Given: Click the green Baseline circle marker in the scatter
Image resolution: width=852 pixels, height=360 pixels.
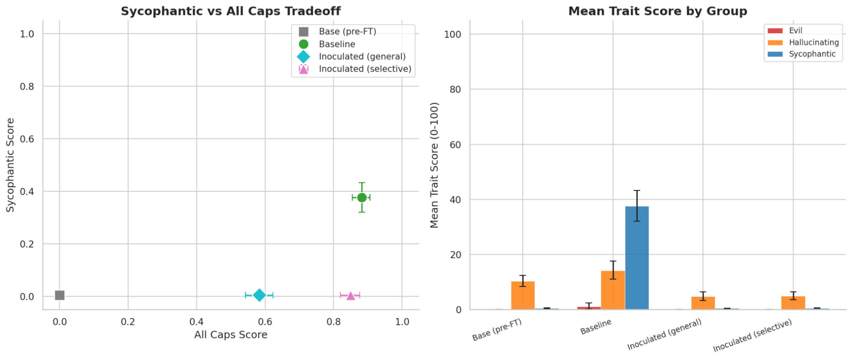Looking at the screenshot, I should click(362, 198).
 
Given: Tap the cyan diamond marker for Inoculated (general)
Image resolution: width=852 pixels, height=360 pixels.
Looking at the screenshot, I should click(259, 295).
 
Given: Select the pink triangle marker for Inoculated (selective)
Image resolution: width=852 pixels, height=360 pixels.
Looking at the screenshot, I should click(350, 296).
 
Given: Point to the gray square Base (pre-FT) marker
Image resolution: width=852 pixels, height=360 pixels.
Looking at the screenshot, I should click(60, 295).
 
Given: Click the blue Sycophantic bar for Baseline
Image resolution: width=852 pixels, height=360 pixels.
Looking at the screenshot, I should click(637, 258).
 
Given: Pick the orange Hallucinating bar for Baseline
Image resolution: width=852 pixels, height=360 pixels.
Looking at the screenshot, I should click(613, 290).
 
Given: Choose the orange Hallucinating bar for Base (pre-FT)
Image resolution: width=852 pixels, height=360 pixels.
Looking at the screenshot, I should click(523, 295).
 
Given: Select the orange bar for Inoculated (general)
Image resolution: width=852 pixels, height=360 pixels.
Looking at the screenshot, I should click(703, 303).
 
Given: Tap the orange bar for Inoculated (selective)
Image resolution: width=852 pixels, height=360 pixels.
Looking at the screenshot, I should click(793, 302).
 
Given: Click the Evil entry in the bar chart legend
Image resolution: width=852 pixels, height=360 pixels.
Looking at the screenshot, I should click(795, 31).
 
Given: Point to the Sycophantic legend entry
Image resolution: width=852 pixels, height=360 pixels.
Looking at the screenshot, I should click(812, 54).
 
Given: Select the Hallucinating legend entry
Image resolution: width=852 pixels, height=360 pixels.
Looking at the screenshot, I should click(814, 42).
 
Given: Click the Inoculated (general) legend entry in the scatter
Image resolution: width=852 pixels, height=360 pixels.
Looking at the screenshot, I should click(362, 57).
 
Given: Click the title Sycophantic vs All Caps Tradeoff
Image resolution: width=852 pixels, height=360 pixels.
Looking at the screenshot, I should click(231, 11).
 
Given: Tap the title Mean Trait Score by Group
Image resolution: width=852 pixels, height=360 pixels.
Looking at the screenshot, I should click(658, 11).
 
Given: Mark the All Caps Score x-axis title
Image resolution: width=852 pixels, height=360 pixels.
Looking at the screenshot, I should click(231, 335).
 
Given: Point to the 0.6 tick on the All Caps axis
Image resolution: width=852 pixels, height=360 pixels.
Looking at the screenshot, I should click(265, 322).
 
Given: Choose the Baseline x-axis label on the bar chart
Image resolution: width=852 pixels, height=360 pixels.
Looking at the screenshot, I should click(596, 327).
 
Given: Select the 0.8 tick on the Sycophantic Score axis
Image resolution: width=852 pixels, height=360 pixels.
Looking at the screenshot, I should click(27, 86).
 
